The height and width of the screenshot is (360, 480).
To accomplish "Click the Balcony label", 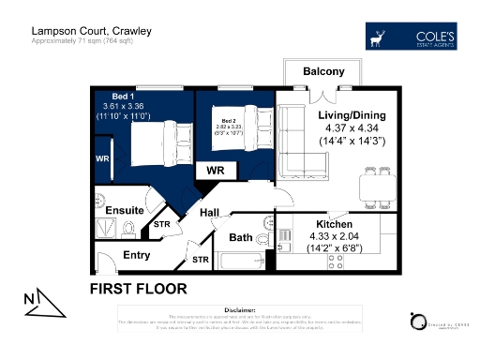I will (x=323, y=72).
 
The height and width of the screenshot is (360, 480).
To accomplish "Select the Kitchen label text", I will (x=334, y=226).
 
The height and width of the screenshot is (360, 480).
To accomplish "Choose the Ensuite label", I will (x=124, y=210).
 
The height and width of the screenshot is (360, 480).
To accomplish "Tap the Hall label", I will (x=209, y=214).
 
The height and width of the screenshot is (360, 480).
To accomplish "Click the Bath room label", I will (x=241, y=237).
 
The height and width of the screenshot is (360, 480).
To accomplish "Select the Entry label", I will (x=137, y=255).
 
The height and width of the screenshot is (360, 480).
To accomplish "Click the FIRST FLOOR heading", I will (x=138, y=288).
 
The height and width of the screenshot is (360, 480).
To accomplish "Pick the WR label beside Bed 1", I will (x=102, y=159).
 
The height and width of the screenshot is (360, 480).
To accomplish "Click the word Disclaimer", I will (x=240, y=308).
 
